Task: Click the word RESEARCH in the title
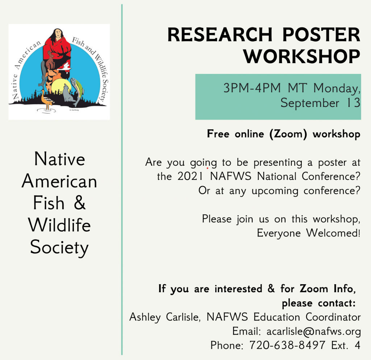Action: [220, 34]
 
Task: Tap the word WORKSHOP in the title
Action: [302, 56]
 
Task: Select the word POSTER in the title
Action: [321, 34]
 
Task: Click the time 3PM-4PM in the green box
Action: [252, 88]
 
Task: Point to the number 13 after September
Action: [353, 103]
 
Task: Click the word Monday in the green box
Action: [337, 88]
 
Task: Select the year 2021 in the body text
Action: [190, 176]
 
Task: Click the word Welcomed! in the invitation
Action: [333, 233]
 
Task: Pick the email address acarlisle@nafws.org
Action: [313, 331]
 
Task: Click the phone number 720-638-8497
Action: [287, 345]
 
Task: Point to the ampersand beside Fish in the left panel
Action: [79, 203]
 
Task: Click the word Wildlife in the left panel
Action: [59, 225]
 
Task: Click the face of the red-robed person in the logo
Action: [58, 34]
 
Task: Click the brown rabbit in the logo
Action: [50, 61]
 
